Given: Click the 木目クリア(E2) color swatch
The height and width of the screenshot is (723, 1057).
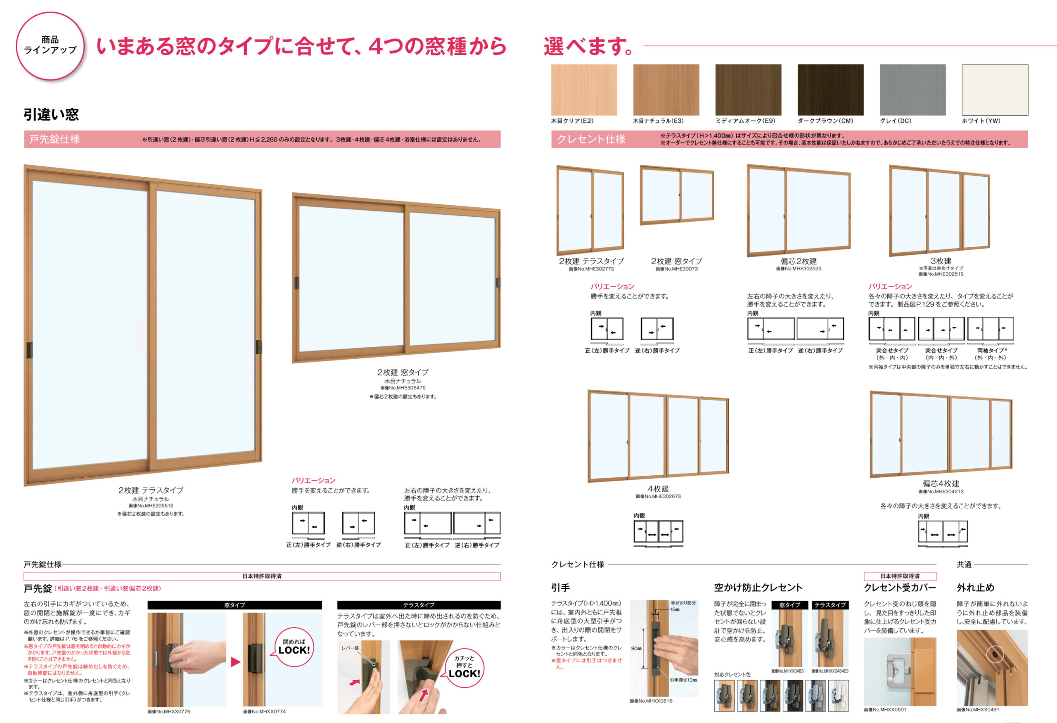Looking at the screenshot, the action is [584, 90].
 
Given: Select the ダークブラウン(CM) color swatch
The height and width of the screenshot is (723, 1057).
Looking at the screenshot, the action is [830, 90].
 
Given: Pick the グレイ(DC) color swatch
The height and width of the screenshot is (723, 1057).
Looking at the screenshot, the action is [913, 90].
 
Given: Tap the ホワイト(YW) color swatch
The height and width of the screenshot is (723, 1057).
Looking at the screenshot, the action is [995, 90].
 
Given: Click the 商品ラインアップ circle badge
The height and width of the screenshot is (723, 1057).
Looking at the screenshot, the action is [50, 45].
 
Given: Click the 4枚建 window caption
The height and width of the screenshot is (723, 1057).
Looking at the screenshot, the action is [658, 489].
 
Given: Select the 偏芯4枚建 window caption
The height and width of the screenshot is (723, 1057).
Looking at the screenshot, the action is [941, 484].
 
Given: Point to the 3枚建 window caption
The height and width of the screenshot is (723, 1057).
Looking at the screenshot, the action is [941, 261].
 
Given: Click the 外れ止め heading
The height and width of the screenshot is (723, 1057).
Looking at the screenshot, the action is [976, 588].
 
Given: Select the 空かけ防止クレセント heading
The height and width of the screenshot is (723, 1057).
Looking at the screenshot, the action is [758, 588].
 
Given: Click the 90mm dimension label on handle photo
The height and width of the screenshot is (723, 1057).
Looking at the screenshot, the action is [636, 648].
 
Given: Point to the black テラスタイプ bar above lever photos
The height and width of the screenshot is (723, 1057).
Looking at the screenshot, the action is [418, 605].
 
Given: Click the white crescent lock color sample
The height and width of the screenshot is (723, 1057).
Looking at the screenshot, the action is [838, 696].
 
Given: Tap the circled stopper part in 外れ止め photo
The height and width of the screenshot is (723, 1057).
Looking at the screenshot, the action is [995, 654].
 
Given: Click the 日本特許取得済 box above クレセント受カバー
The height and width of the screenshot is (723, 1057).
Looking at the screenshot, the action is [900, 576].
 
